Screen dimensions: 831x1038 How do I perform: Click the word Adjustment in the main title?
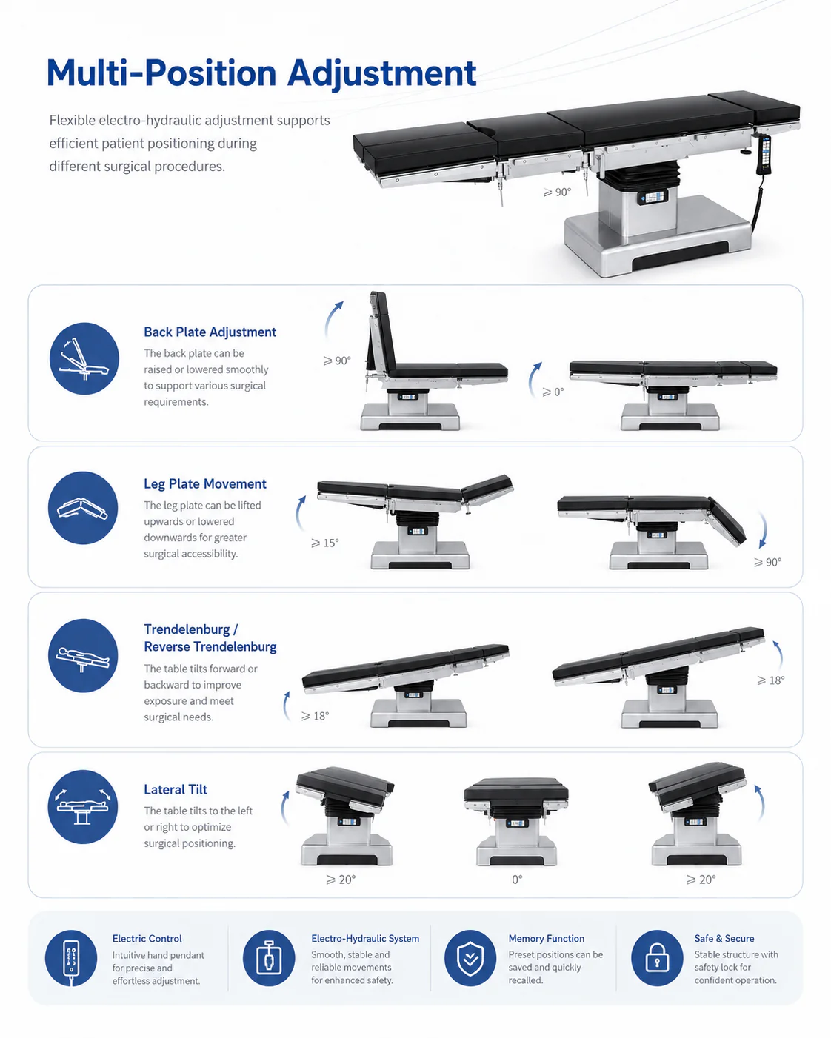pos(381,74)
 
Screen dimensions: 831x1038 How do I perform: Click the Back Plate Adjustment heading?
pos(210,332)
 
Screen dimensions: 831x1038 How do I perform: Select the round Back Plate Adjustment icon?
pos(84,358)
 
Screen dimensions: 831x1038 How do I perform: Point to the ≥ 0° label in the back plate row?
pos(553,392)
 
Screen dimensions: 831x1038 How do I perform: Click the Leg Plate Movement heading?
pos(205,483)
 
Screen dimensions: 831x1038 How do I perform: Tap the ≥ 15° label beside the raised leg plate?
pos(325,543)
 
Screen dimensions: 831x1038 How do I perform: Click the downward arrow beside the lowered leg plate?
pos(762,529)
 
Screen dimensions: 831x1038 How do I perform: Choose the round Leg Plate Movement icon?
pos(83,507)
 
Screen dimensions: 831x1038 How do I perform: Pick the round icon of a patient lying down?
pos(83,655)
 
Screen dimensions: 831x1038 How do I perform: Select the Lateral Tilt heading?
pos(176,789)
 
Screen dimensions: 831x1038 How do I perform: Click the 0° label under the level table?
pos(517,880)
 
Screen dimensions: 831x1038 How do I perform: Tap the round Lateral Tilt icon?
pos(83,806)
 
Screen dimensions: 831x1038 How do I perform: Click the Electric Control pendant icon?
pos(71,958)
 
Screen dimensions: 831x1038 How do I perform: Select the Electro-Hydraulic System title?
pos(365,938)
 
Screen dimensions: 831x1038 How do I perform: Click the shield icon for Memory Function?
pos(470,958)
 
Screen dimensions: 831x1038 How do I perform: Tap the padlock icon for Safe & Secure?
pos(657,958)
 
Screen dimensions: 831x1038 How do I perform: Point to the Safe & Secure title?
pos(724,938)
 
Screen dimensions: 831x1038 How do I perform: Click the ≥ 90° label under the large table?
pos(558,192)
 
